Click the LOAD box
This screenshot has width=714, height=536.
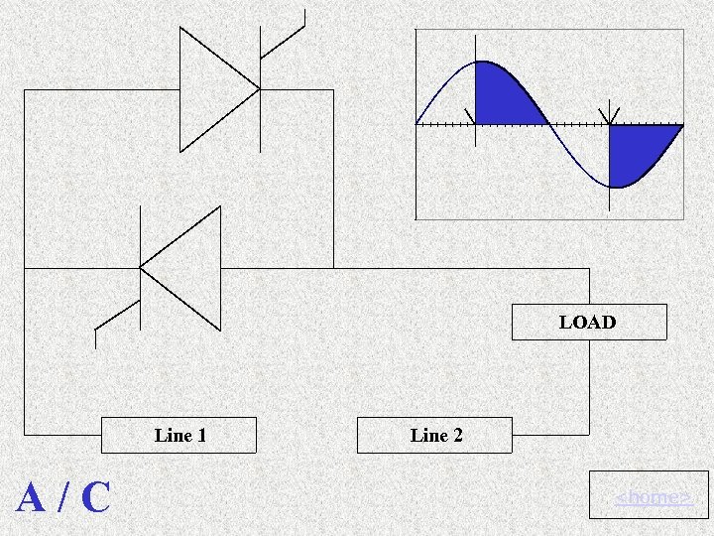click(x=588, y=323)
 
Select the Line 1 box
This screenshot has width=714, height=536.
click(x=179, y=435)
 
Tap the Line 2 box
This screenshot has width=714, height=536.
click(x=435, y=435)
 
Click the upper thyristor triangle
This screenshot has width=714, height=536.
click(x=214, y=89)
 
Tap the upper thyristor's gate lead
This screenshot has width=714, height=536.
click(x=283, y=40)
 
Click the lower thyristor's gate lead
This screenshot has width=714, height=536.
click(x=115, y=318)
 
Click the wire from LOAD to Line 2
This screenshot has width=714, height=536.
click(x=589, y=397)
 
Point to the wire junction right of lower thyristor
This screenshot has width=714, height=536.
click(x=333, y=268)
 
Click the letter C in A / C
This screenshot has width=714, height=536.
click(x=95, y=497)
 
